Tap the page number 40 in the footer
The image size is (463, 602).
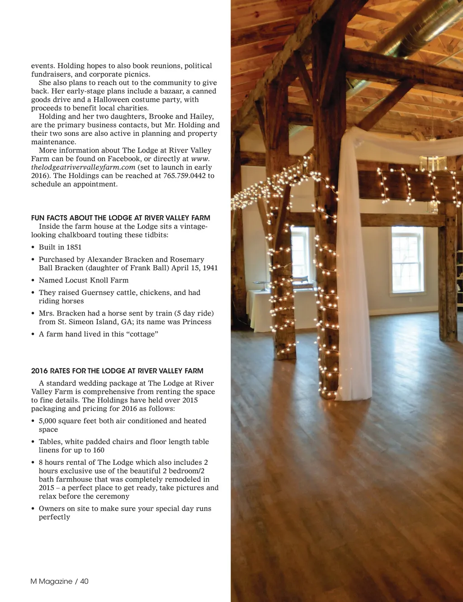(85, 581)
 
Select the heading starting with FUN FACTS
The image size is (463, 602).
(121, 218)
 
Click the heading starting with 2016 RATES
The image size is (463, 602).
(117, 371)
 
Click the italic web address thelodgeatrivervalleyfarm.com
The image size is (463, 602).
(83, 167)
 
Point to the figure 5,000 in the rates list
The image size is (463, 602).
(47, 421)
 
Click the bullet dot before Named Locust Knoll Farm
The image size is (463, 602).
(33, 281)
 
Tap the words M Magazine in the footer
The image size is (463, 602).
(51, 581)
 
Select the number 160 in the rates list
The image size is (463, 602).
(99, 450)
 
